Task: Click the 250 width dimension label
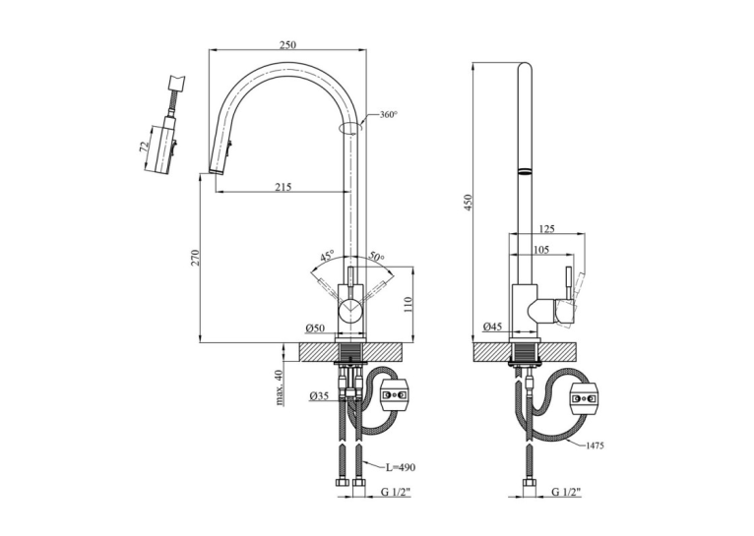coord(287,44)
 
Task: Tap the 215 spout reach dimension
coord(283,186)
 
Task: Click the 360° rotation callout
coord(389,115)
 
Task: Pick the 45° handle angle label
coord(327,256)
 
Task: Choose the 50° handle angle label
coord(377,257)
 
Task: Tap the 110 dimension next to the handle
coord(408,304)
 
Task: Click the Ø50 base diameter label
coord(315,328)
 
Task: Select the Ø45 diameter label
coord(492,327)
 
